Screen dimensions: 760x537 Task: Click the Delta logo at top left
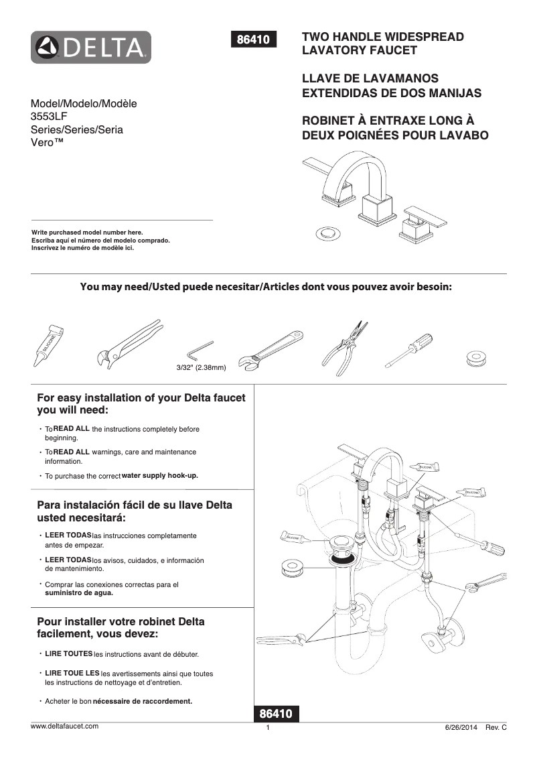[x=90, y=48]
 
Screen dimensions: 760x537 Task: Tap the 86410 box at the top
[x=253, y=40]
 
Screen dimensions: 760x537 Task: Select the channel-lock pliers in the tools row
[x=127, y=342]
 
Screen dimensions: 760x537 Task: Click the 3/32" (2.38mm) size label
[x=201, y=368]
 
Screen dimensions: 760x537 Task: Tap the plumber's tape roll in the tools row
[x=477, y=358]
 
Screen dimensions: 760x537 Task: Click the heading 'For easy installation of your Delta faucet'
[x=141, y=398]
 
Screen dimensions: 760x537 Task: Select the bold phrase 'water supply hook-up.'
[x=160, y=476]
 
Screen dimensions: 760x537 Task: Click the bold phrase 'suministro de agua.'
[x=78, y=592]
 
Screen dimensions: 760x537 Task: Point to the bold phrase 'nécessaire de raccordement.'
[x=142, y=702]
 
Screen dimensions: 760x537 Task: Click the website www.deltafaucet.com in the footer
[x=65, y=726]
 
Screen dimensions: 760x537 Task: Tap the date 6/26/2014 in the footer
[x=462, y=728]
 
